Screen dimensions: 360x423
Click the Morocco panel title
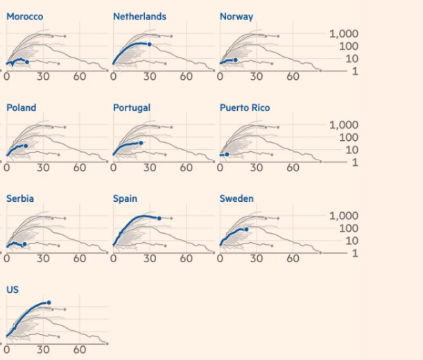(24, 17)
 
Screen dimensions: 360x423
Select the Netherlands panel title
(139, 17)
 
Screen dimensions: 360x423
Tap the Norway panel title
(236, 17)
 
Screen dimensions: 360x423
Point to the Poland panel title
(21, 108)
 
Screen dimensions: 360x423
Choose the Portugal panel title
(132, 108)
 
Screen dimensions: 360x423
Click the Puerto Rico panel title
(245, 108)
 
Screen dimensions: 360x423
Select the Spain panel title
(125, 198)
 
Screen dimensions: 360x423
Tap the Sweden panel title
(236, 198)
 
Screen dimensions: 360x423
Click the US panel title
(12, 289)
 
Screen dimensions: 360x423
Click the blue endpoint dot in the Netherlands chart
(149, 44)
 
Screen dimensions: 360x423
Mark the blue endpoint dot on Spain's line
(159, 218)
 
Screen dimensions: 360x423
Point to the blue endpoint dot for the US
(49, 302)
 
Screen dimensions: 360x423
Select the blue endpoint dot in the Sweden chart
(246, 229)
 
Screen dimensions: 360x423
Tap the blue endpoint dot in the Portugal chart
(141, 143)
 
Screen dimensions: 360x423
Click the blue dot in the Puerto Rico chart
(227, 155)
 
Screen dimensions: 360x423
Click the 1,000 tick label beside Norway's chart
(343, 34)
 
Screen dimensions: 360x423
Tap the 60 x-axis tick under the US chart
(80, 350)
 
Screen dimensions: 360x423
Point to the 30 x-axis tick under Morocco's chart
(43, 76)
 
